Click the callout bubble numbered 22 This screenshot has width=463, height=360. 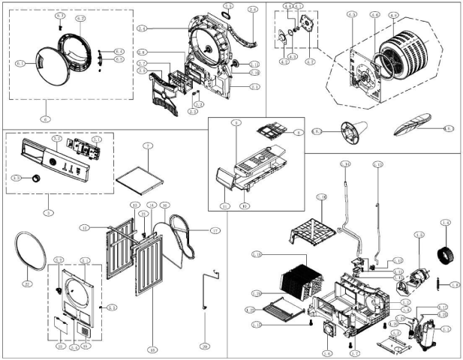click(26, 283)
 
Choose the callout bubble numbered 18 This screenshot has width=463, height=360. click(152, 349)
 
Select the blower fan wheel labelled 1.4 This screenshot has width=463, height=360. click(446, 251)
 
